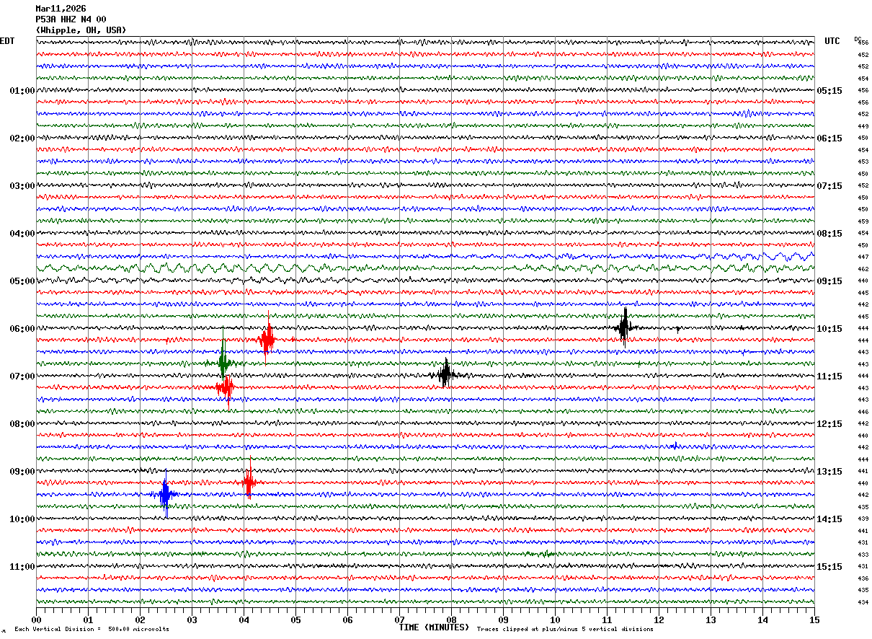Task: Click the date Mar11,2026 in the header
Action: tap(61, 9)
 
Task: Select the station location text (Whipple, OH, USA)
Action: tap(81, 30)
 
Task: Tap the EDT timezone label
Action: tap(7, 41)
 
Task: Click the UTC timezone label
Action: tap(832, 41)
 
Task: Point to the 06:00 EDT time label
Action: tap(22, 329)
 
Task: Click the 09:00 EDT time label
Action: tap(22, 472)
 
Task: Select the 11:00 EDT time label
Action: tap(22, 567)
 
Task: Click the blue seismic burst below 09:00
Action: tap(165, 495)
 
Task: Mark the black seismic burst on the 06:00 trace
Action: tap(624, 327)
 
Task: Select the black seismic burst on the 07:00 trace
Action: tap(445, 374)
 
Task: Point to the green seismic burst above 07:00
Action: tap(223, 362)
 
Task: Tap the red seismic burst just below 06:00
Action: tap(267, 339)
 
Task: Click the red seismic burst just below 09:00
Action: tap(249, 482)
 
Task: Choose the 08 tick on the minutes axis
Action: tap(451, 620)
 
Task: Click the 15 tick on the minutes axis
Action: tap(814, 620)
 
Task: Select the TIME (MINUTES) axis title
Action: tap(434, 627)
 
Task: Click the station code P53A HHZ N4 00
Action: tap(71, 19)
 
